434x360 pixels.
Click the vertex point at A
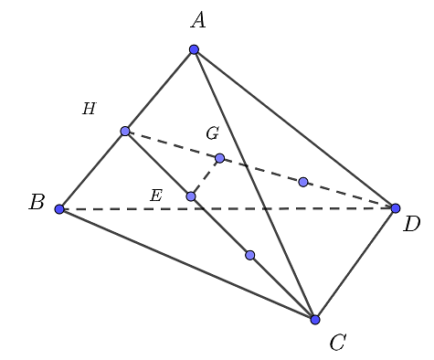coord(194,49)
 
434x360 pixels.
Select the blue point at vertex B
coord(59,209)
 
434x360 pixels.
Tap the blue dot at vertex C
coord(315,320)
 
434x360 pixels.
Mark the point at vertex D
coord(396,208)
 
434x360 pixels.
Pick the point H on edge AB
coord(125,131)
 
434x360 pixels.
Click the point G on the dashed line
coord(219,158)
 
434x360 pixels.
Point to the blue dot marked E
coord(191,196)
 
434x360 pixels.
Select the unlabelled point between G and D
coord(303,182)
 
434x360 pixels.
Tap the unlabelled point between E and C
coord(249,255)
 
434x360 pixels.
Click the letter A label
coord(197,20)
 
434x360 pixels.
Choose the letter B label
coord(37,203)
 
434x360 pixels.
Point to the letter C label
coord(337,344)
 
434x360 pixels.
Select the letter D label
coord(412,225)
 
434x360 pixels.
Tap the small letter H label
coord(89,110)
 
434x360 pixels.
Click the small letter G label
coord(212,134)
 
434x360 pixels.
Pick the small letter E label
coord(155,196)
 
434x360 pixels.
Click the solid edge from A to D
coord(294,129)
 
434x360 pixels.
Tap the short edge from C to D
coord(355,264)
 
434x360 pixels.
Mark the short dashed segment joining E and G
coord(206,177)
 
